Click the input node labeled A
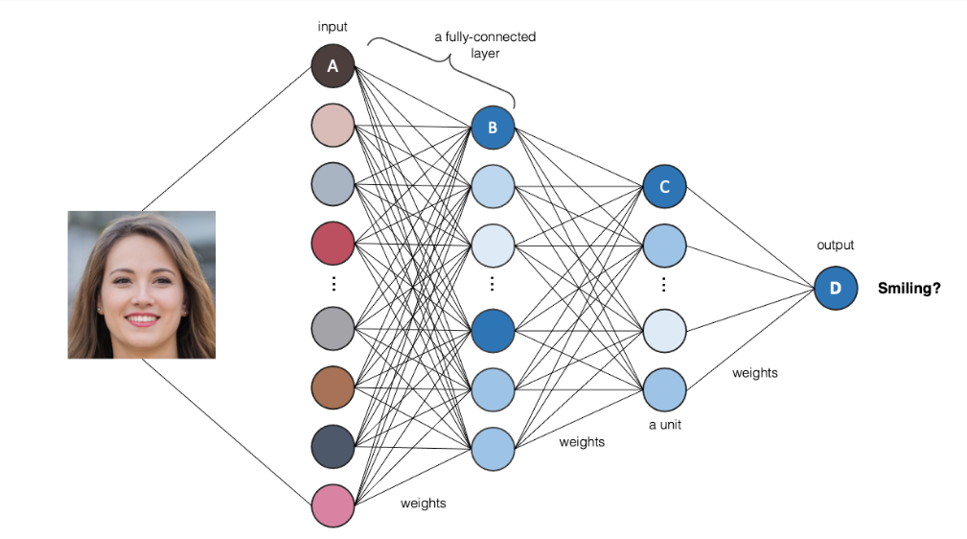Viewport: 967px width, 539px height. point(333,66)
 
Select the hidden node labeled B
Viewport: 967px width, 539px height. point(493,127)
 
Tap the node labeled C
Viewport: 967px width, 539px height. point(664,187)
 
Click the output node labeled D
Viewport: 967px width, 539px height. point(835,288)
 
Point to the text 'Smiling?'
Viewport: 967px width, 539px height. point(909,287)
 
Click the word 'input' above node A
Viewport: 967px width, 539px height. point(333,27)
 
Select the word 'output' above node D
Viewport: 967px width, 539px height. point(835,246)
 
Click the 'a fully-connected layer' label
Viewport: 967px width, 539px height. point(485,45)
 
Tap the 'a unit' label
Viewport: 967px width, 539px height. point(664,424)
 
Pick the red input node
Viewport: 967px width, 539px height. point(333,245)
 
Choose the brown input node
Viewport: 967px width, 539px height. point(333,387)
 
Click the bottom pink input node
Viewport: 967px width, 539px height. point(333,505)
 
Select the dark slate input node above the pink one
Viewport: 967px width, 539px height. point(333,447)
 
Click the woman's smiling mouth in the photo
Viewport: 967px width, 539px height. point(142,318)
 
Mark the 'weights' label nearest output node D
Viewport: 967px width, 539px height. point(754,373)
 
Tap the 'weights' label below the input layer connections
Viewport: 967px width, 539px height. point(423,503)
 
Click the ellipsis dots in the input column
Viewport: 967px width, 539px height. point(333,285)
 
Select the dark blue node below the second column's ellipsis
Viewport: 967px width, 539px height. point(493,329)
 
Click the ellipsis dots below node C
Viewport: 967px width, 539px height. point(664,286)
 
